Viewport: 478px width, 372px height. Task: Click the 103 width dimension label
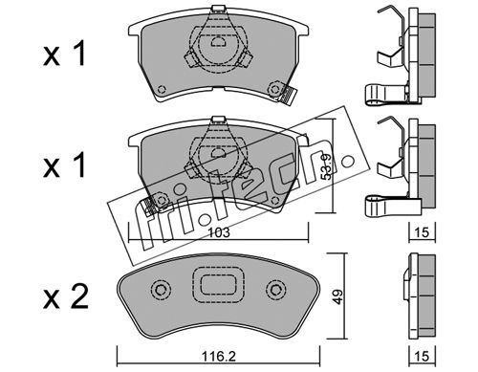click(220, 232)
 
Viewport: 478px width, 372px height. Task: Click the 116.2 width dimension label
click(219, 356)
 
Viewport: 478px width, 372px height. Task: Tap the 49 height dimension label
click(339, 296)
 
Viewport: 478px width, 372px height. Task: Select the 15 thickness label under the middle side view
click(423, 232)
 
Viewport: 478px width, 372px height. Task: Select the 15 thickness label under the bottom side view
click(423, 356)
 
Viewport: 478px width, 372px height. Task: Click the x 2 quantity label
click(65, 296)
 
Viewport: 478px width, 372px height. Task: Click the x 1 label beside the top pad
click(64, 55)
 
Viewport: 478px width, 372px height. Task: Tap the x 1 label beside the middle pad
click(64, 164)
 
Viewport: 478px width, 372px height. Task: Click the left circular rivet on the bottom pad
click(161, 290)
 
